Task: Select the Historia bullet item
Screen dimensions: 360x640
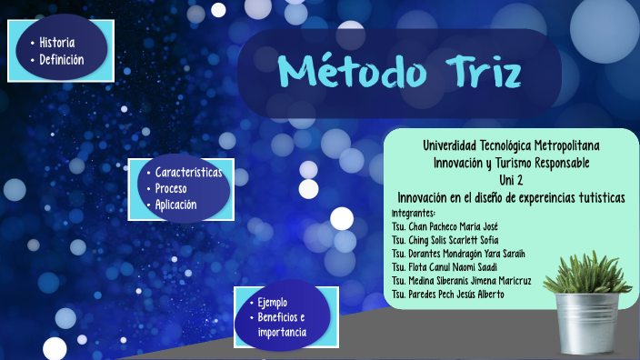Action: click(x=56, y=43)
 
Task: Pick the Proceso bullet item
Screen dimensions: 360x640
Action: click(x=171, y=188)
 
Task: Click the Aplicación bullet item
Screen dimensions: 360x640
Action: click(x=175, y=205)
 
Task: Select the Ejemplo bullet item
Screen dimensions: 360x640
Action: click(x=272, y=301)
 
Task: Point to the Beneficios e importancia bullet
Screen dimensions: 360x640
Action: click(x=281, y=325)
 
